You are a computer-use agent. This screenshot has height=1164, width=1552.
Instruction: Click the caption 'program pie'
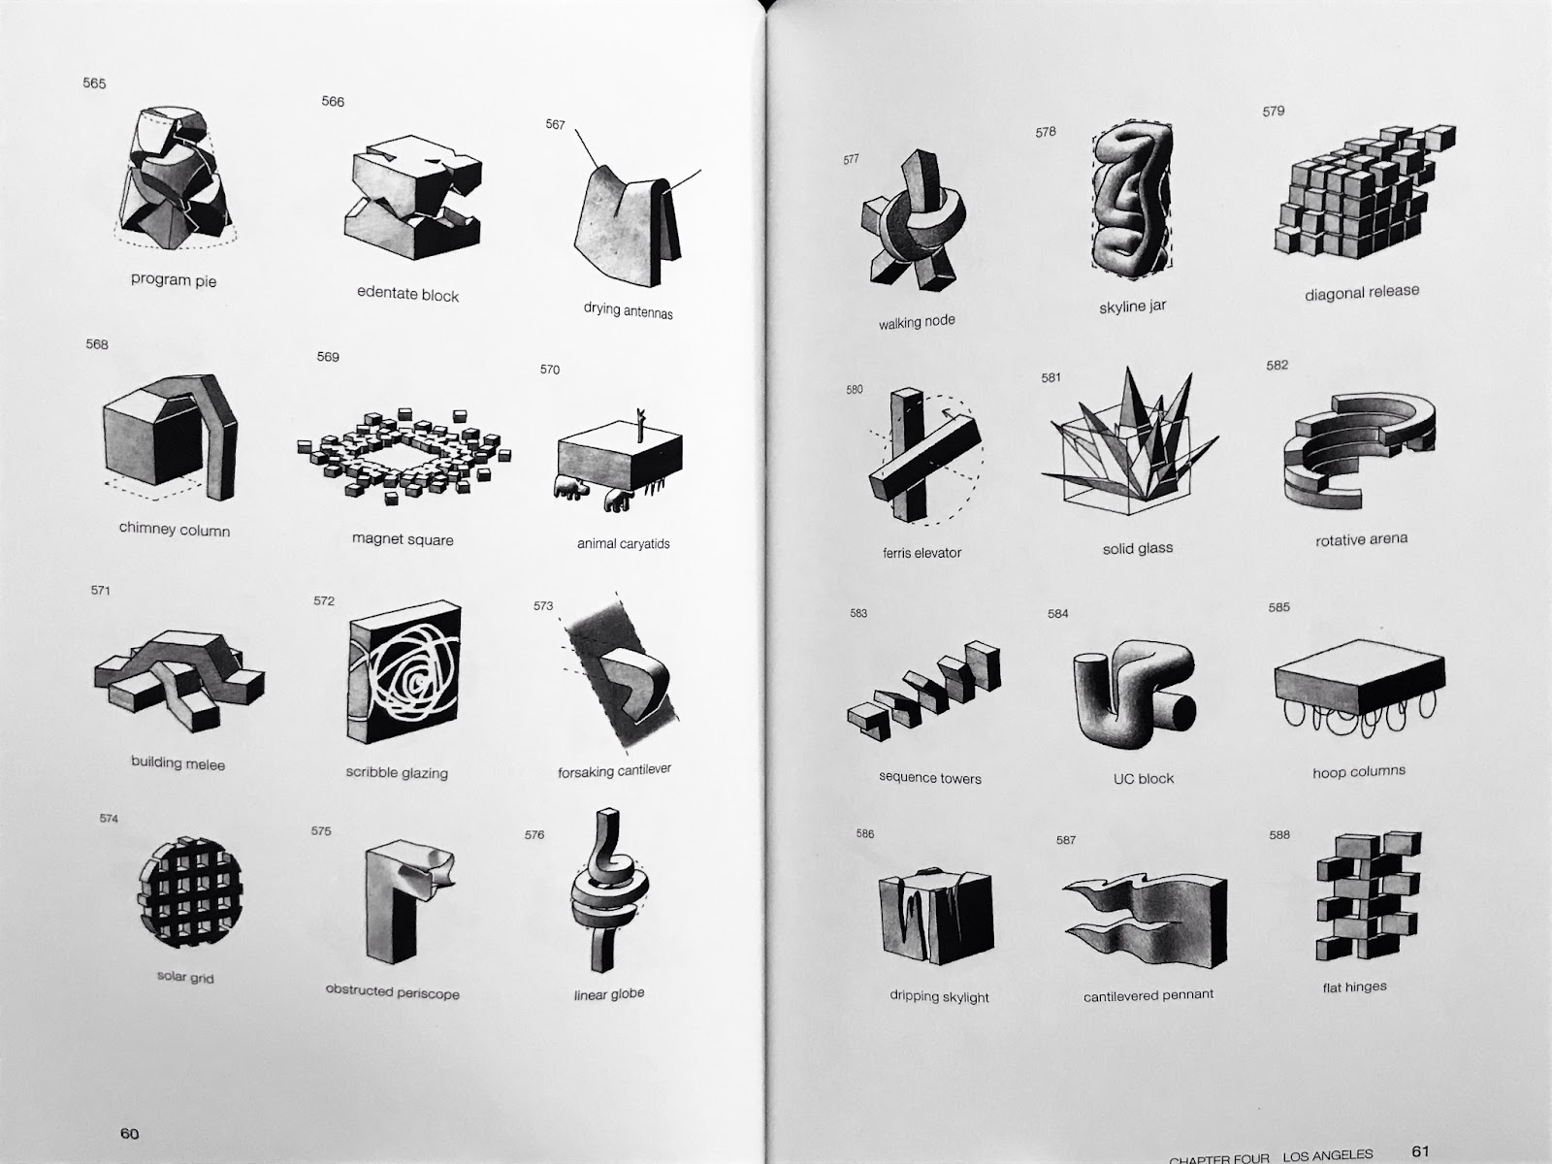174,280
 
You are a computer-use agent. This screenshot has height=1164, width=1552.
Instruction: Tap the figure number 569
328,357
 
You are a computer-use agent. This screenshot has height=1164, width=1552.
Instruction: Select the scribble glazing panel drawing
404,672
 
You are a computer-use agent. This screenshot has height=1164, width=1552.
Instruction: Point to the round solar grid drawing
189,891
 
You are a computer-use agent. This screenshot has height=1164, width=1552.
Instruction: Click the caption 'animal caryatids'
623,543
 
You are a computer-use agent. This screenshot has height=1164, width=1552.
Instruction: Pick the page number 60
129,1134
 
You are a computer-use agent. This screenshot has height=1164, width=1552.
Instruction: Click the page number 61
1420,1151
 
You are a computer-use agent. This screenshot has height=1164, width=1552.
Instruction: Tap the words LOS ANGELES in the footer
1327,1155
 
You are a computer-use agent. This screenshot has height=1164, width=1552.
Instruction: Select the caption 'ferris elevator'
921,553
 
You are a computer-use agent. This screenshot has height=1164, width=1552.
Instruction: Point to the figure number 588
1279,834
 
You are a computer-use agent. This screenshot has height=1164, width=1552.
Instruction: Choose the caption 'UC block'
1144,778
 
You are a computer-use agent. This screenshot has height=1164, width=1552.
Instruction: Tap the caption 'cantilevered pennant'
1148,995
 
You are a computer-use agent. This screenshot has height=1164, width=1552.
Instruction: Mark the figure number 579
1274,111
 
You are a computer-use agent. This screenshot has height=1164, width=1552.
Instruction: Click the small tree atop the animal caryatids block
640,424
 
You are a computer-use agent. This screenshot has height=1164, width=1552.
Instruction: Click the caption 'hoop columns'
1359,771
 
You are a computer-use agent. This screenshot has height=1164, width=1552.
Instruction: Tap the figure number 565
94,83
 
